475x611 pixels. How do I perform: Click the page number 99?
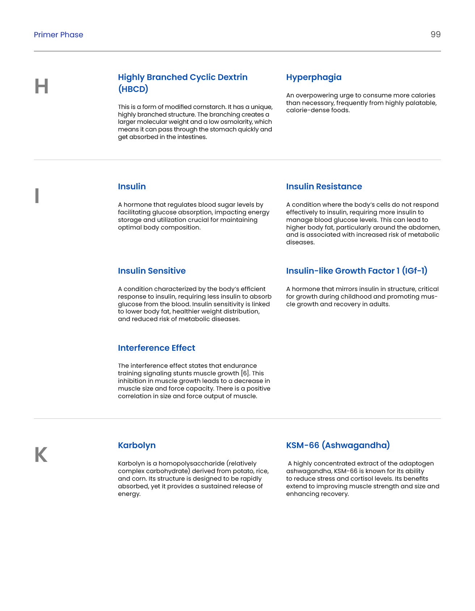pyautogui.click(x=435, y=34)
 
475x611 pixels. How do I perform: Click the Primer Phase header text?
pyautogui.click(x=59, y=35)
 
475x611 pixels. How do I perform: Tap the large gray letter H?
pyautogui.click(x=42, y=87)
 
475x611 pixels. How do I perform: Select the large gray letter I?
pyautogui.click(x=37, y=196)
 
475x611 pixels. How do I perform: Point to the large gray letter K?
pyautogui.click(x=41, y=455)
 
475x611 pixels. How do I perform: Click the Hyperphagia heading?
pyautogui.click(x=314, y=77)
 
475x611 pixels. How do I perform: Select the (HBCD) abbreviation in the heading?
pyautogui.click(x=133, y=89)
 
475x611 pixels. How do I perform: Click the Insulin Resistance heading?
pyautogui.click(x=324, y=187)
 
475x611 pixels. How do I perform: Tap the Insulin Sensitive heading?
pyautogui.click(x=152, y=271)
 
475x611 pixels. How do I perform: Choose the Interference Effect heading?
pyautogui.click(x=156, y=348)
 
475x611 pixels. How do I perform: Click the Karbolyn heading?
pyautogui.click(x=137, y=446)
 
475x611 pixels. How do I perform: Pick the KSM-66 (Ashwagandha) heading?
pyautogui.click(x=338, y=446)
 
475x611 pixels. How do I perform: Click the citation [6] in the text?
pyautogui.click(x=245, y=374)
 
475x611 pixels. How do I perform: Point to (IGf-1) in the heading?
pyautogui.click(x=415, y=271)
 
